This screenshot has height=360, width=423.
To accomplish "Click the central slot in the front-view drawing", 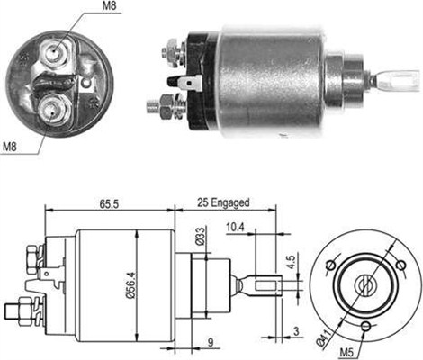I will click(367, 283).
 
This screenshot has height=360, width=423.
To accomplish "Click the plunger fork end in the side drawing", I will click(268, 287).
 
